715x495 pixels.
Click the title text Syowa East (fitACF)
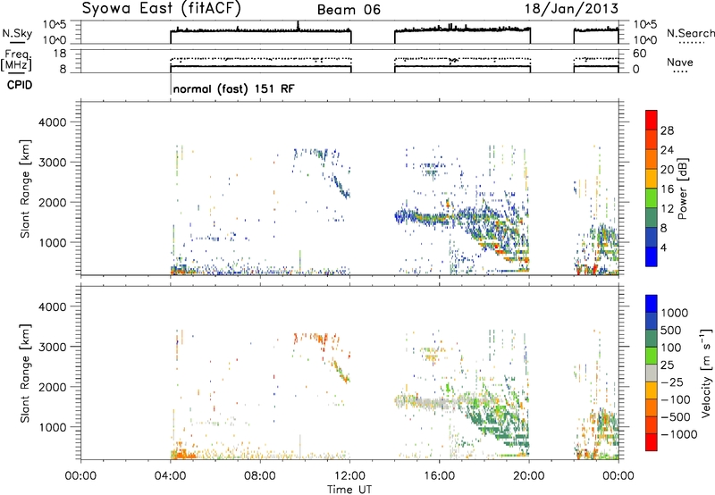click(x=162, y=9)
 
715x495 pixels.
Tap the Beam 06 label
click(x=349, y=10)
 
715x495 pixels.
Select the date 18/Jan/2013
click(x=572, y=9)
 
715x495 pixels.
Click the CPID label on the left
click(x=20, y=85)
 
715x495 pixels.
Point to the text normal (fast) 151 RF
click(x=234, y=88)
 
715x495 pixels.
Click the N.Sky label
click(x=17, y=33)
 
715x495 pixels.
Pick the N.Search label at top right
click(x=690, y=33)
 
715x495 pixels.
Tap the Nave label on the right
click(x=680, y=63)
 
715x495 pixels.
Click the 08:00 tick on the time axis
click(x=260, y=476)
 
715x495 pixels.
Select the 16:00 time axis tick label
click(x=439, y=476)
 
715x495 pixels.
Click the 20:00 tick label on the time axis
click(x=529, y=476)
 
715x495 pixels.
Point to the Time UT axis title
click(x=349, y=489)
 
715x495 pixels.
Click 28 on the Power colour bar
click(x=667, y=130)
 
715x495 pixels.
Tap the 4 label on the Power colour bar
click(x=663, y=247)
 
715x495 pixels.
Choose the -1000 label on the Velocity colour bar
click(x=678, y=434)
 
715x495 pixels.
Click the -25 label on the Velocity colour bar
click(x=672, y=382)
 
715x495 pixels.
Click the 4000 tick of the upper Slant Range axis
click(x=53, y=122)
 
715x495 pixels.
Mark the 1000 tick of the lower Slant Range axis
click(x=53, y=427)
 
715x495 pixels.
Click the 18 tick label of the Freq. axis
click(x=60, y=54)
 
